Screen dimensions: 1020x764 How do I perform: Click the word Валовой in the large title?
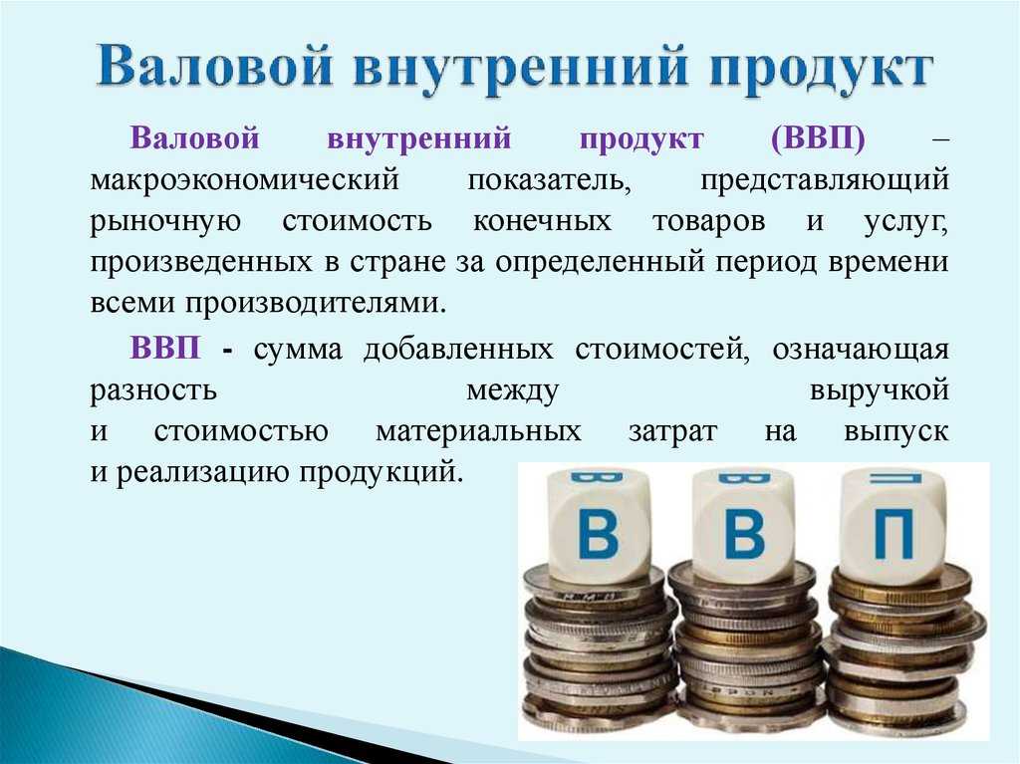point(215,67)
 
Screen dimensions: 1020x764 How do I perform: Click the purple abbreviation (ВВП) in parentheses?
point(818,138)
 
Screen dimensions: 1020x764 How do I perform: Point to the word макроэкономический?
point(245,179)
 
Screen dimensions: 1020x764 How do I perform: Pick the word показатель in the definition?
point(549,180)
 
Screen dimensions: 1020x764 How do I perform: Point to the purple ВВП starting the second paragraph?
point(165,348)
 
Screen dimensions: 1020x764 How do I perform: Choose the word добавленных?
point(458,350)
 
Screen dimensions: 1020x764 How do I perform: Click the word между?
point(513,391)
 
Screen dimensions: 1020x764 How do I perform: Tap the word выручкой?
point(879,391)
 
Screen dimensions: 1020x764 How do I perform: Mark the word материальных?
point(478,431)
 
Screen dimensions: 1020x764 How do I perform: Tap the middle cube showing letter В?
point(743,523)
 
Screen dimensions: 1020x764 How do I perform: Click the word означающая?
point(861,350)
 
